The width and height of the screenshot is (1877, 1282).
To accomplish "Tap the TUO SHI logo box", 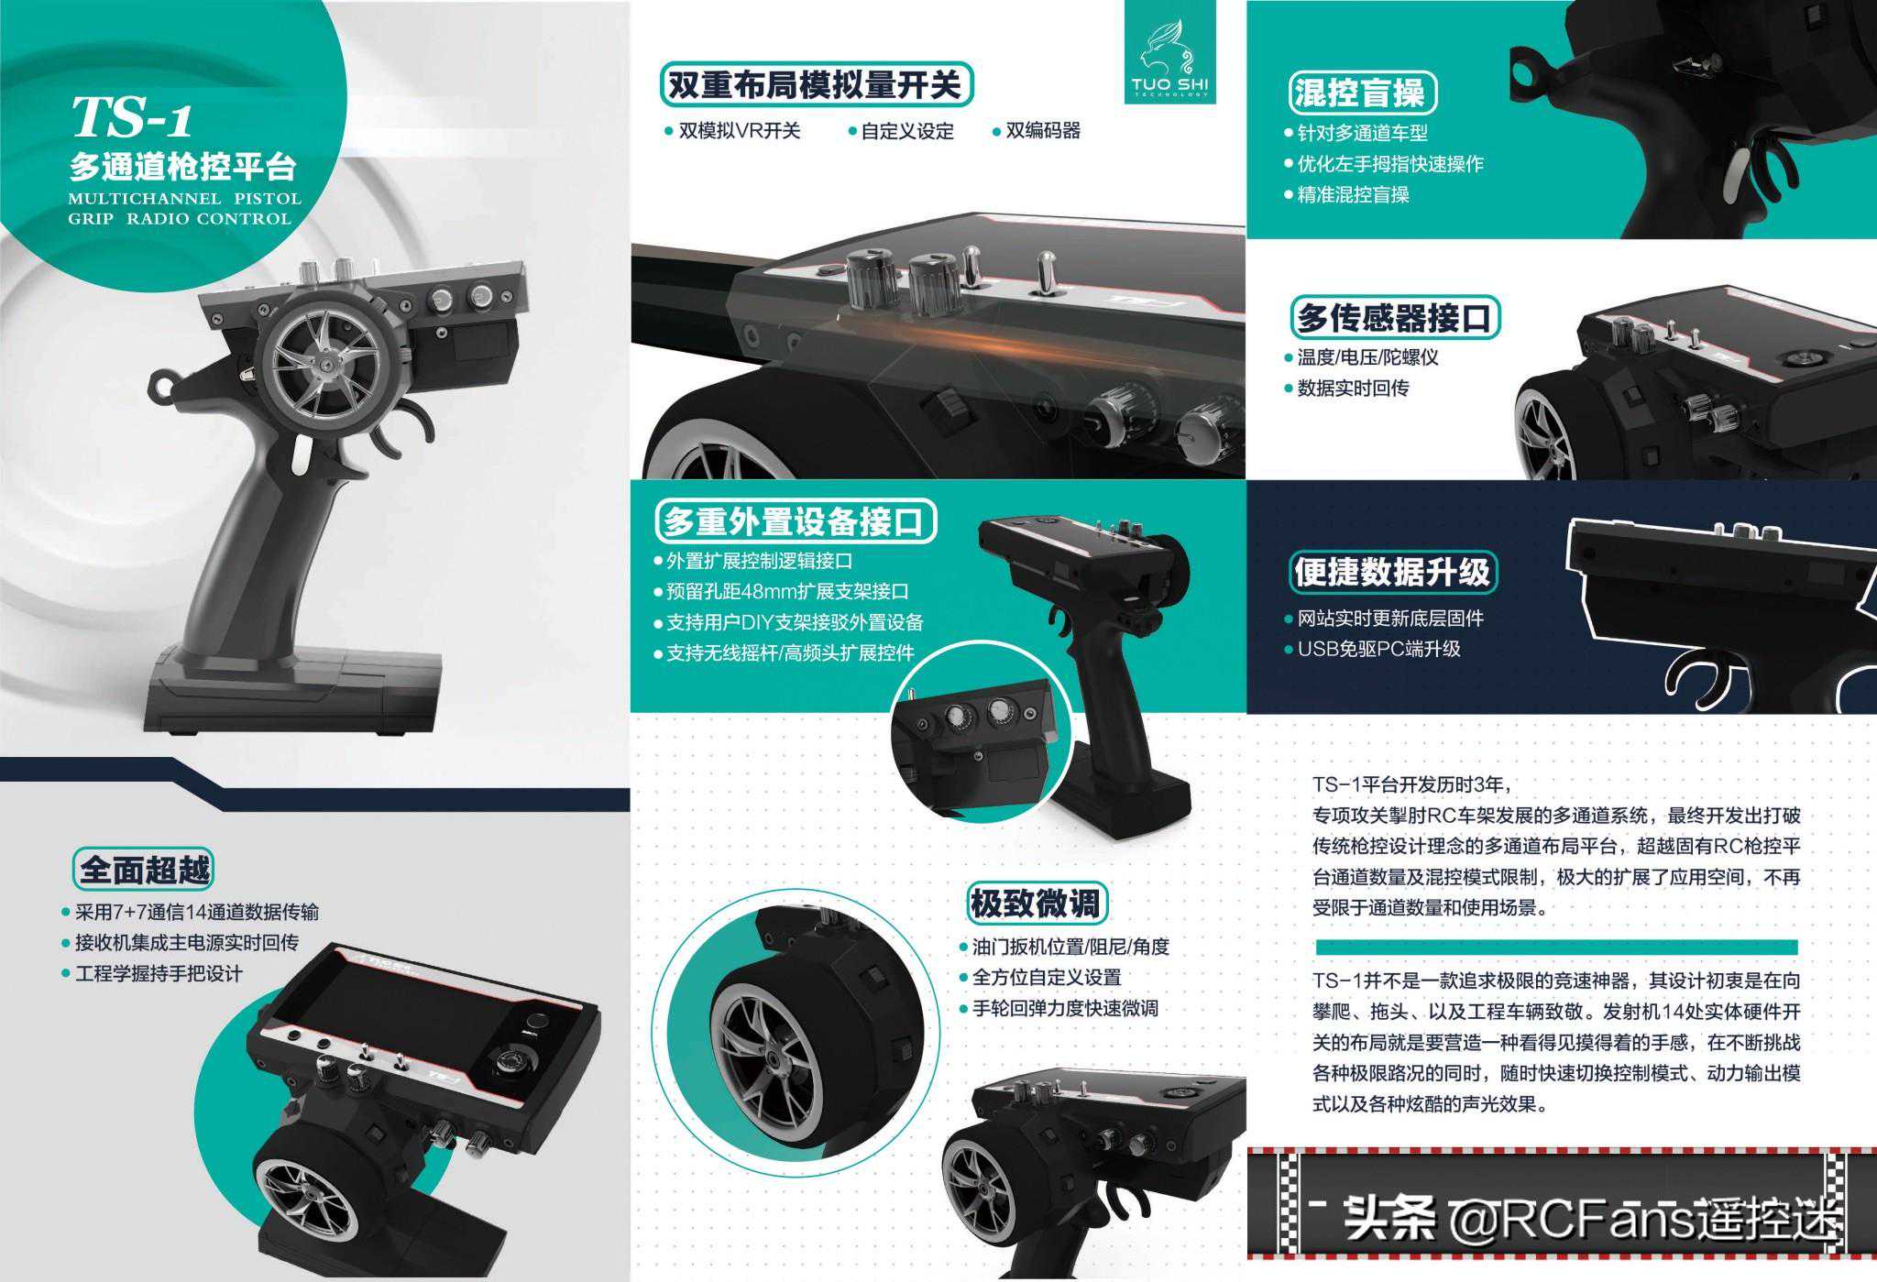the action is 1169,52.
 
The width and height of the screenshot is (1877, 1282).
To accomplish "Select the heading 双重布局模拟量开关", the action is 815,85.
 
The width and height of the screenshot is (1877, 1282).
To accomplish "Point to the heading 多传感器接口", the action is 1393,317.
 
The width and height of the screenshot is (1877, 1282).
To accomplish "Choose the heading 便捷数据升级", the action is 1392,571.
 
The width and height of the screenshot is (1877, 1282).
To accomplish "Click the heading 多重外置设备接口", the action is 794,521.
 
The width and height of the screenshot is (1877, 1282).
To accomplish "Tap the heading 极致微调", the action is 1036,904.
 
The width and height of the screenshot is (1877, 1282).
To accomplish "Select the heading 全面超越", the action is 144,870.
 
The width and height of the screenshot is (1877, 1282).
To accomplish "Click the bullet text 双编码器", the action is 1043,131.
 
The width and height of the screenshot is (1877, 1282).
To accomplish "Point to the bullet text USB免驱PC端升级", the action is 1378,649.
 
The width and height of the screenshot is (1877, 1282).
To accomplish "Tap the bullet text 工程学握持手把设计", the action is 159,973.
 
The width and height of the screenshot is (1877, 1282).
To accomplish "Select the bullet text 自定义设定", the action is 907,131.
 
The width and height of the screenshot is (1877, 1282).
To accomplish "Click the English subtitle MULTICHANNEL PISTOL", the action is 184,198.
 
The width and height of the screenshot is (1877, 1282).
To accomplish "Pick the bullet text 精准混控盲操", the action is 1353,194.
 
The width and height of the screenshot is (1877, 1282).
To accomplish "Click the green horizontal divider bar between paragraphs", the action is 1556,947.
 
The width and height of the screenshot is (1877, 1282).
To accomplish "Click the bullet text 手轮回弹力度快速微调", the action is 1065,1008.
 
